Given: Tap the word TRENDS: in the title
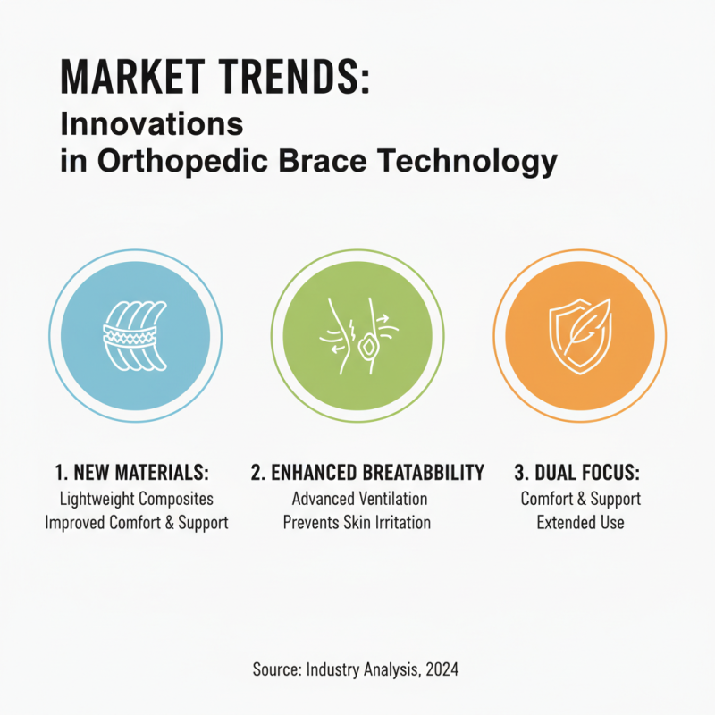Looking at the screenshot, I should (x=303, y=79).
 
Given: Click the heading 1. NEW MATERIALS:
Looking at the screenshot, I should (x=135, y=473).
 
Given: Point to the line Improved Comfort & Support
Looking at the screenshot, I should (x=136, y=523).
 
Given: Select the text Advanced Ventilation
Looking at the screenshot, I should (x=359, y=499).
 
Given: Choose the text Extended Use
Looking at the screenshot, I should (x=580, y=523).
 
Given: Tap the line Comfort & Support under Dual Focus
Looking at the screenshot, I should (x=580, y=499).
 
